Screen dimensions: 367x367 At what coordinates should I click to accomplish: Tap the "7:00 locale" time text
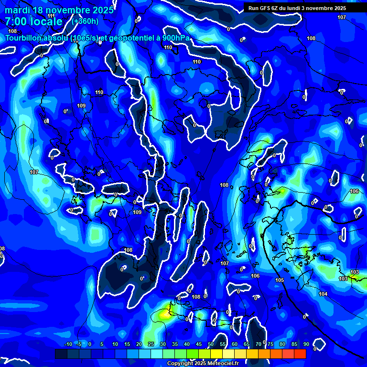pyautogui.click(x=33, y=22)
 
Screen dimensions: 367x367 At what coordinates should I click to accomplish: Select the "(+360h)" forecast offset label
pyautogui.click(x=85, y=22)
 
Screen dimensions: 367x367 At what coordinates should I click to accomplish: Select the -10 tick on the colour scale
pyautogui.click(x=68, y=344)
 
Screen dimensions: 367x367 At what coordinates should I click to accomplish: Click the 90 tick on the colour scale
pyautogui.click(x=306, y=344)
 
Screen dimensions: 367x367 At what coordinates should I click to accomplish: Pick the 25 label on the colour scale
pyautogui.click(x=151, y=344)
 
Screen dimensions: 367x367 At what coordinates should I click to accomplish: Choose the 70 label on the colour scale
pyautogui.click(x=258, y=344)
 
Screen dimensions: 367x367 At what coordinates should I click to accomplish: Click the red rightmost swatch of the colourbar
pyautogui.click(x=300, y=354)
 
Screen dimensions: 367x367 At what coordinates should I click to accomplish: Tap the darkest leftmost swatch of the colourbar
pyautogui.click(x=61, y=354)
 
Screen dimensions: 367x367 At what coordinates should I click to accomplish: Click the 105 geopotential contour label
pyautogui.click(x=280, y=280)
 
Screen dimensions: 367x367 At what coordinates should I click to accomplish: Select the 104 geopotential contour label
pyautogui.click(x=323, y=294)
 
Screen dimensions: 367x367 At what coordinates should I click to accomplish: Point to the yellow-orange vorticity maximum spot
pyautogui.click(x=165, y=314)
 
